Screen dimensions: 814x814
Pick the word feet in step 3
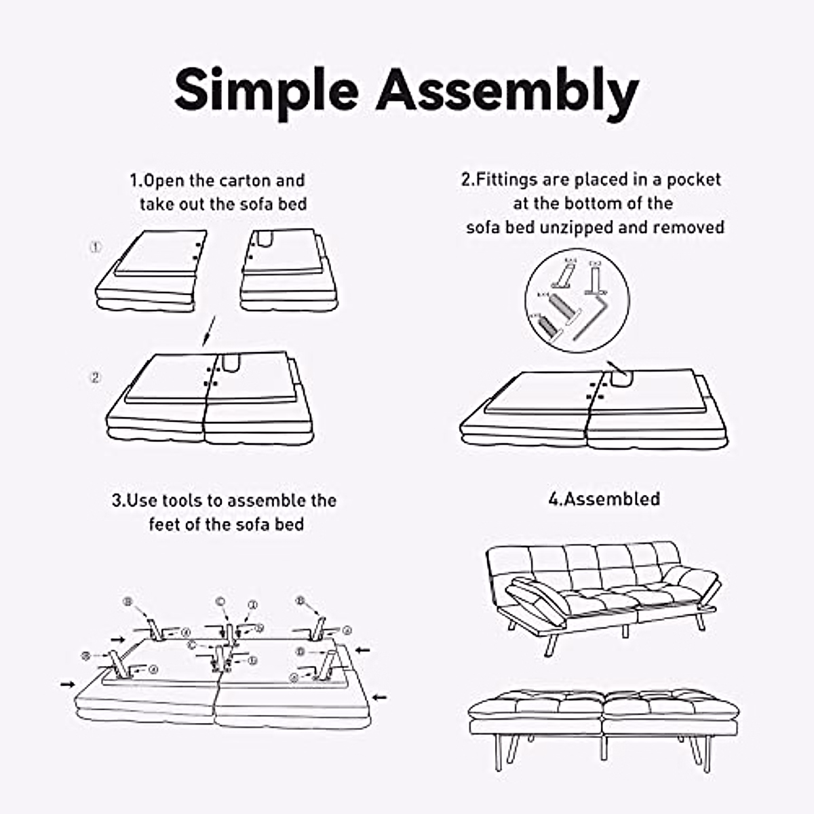165,524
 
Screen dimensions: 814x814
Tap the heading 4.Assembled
604,499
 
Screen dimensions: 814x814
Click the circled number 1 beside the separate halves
96,248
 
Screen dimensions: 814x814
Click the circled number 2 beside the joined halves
96,377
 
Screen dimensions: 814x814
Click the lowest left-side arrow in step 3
67,684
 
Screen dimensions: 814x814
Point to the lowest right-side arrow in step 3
380,697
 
